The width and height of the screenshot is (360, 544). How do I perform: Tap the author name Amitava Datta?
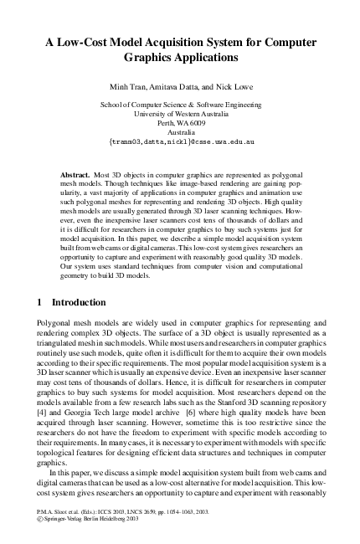click(174, 87)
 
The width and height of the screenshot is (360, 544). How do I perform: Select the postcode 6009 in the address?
click(194, 122)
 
